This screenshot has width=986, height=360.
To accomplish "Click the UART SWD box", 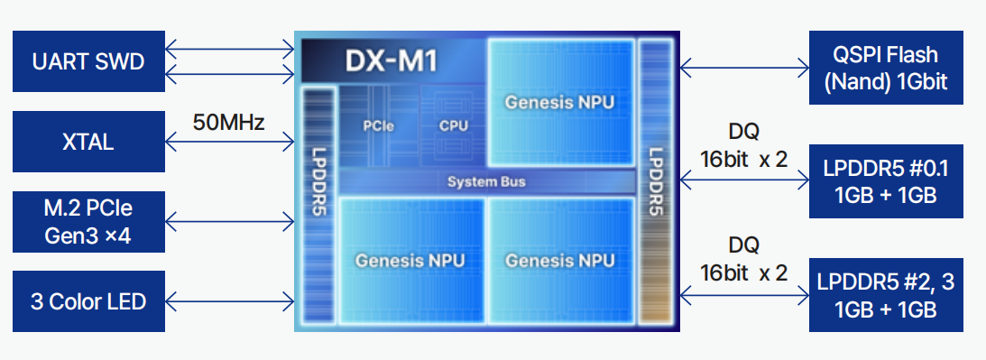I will (x=88, y=61).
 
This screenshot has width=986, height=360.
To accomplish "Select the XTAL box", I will (x=88, y=142).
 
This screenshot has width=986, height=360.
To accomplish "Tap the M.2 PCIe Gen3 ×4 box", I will (x=88, y=222).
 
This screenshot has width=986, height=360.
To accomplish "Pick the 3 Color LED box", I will (x=88, y=300).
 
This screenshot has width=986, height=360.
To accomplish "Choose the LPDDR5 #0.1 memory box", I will (x=886, y=181).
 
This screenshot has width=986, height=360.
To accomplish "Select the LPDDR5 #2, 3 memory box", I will (x=886, y=295).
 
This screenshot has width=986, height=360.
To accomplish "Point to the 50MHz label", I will (x=229, y=122).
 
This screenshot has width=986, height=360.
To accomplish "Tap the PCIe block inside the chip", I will (x=378, y=125).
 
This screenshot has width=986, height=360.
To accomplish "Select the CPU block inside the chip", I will (x=453, y=125).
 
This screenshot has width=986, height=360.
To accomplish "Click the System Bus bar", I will (x=486, y=182).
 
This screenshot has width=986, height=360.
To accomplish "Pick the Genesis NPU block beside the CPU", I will (x=559, y=101).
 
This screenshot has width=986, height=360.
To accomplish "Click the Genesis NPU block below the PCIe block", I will (x=410, y=261).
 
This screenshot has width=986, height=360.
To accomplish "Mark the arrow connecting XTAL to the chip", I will (x=230, y=142).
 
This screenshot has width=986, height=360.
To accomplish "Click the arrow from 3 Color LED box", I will (x=230, y=300).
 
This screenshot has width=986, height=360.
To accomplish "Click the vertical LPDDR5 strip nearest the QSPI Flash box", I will (x=655, y=180).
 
